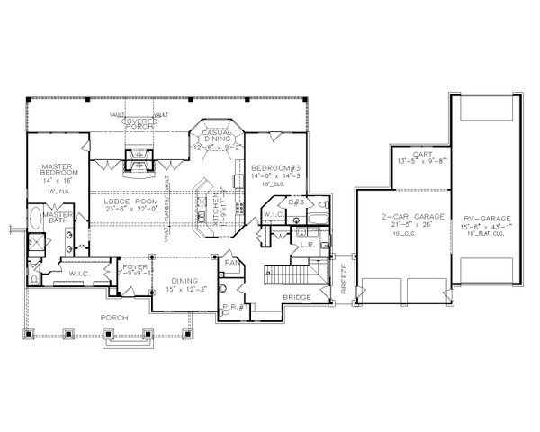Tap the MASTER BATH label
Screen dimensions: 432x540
[x=58, y=219]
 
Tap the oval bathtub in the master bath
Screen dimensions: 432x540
[x=34, y=219]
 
